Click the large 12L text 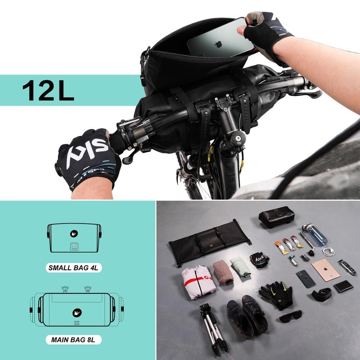[x=48, y=90]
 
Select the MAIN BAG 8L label [x=74, y=339]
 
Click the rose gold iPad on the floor [x=325, y=270]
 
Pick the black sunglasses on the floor [x=291, y=316]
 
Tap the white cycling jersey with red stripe [x=198, y=282]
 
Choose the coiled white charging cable [x=328, y=252]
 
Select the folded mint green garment [x=240, y=266]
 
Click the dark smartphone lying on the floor [x=306, y=279]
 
